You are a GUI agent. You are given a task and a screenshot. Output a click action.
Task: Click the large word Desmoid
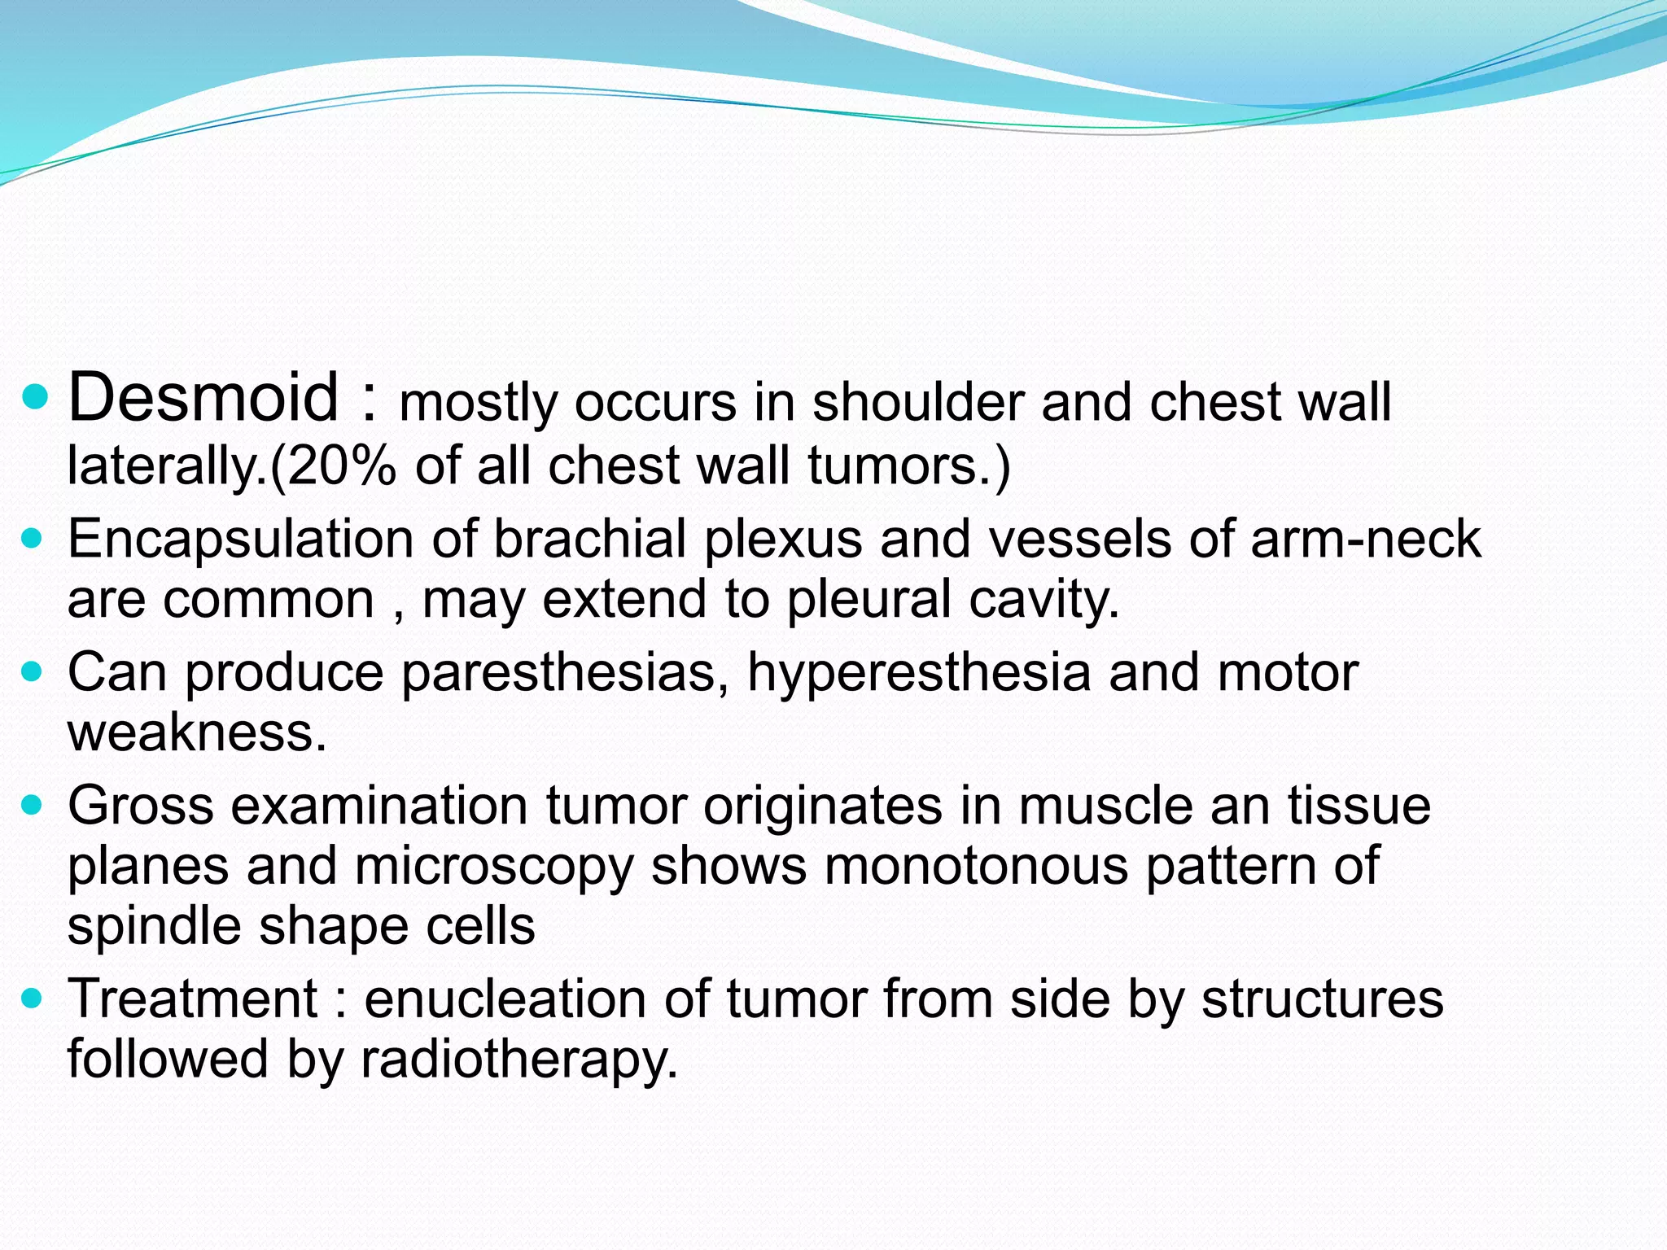pyautogui.click(x=203, y=397)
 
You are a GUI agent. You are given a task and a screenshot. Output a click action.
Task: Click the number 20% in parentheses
pyautogui.click(x=341, y=466)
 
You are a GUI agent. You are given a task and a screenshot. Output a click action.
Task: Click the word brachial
pyautogui.click(x=590, y=539)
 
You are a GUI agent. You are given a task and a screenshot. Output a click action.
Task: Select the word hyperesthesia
pyautogui.click(x=919, y=674)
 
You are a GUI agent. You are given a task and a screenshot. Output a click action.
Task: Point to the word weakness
pyautogui.click(x=196, y=732)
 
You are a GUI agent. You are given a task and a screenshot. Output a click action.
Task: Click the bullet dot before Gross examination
pyautogui.click(x=33, y=806)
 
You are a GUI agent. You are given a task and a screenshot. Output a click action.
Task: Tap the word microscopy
pyautogui.click(x=494, y=866)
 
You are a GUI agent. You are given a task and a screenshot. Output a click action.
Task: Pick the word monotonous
pyautogui.click(x=976, y=866)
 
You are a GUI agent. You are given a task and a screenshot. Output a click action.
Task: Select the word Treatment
pyautogui.click(x=192, y=999)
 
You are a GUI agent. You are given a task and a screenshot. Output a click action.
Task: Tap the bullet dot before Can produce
pyautogui.click(x=33, y=673)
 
